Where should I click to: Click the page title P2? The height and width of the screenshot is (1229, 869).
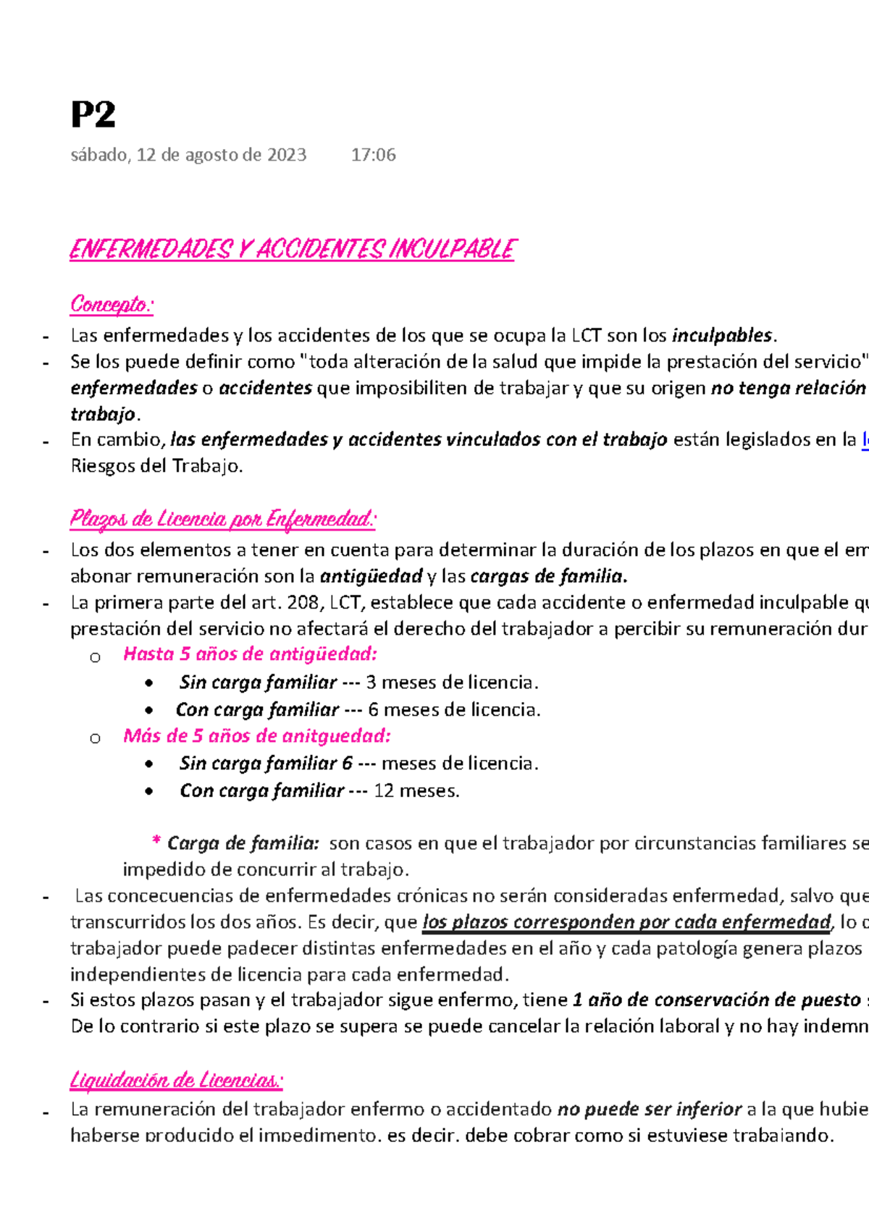(x=93, y=115)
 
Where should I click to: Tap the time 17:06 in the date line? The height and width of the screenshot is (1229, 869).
(x=373, y=155)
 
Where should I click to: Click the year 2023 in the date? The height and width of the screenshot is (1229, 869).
(x=287, y=155)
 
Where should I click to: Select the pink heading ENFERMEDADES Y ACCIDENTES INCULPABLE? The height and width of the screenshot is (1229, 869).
(x=291, y=250)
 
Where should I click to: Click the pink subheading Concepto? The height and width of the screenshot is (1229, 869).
(x=112, y=305)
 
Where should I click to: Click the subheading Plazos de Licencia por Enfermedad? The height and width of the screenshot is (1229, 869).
(x=223, y=519)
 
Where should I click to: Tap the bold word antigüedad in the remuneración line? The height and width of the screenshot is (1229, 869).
(x=371, y=576)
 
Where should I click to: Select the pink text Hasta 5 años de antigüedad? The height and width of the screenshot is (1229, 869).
(x=250, y=654)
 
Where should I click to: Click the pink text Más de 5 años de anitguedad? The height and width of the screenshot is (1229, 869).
(x=256, y=736)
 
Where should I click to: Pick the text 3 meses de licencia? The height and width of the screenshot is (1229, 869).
(x=452, y=683)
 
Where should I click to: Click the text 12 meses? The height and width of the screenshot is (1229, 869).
(x=416, y=791)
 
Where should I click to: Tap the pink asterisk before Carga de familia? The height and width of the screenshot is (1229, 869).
(x=156, y=842)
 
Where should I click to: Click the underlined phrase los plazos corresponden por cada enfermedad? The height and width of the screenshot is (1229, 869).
(x=626, y=922)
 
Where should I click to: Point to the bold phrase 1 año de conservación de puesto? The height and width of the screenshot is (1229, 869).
(x=715, y=1000)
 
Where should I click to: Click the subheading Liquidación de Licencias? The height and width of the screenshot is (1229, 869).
(x=176, y=1081)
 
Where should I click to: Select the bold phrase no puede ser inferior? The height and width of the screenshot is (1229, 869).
(x=649, y=1110)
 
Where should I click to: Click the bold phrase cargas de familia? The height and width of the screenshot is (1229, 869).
(x=548, y=576)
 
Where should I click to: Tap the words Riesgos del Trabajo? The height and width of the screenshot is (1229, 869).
(x=156, y=466)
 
